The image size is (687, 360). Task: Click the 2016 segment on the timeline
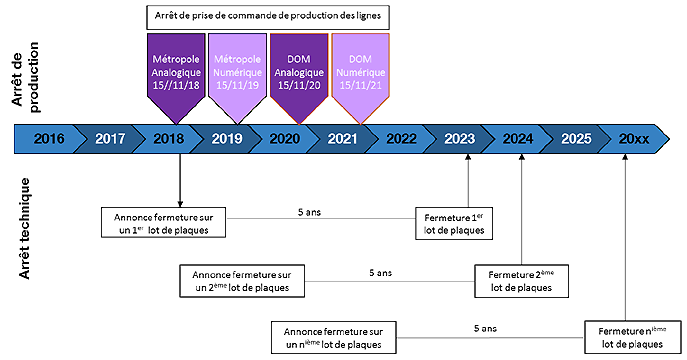(x=48, y=139)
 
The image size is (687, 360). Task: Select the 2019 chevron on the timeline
(x=228, y=139)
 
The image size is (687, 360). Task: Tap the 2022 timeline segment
(x=400, y=139)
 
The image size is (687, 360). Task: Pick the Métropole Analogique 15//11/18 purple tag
(x=175, y=70)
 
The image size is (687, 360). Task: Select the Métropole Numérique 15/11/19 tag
(x=236, y=70)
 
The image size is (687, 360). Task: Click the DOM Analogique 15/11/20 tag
(x=297, y=70)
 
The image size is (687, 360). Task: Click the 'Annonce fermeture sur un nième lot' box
(x=334, y=336)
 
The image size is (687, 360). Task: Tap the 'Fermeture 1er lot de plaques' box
(x=454, y=222)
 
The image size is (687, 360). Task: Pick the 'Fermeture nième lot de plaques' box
(x=624, y=336)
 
